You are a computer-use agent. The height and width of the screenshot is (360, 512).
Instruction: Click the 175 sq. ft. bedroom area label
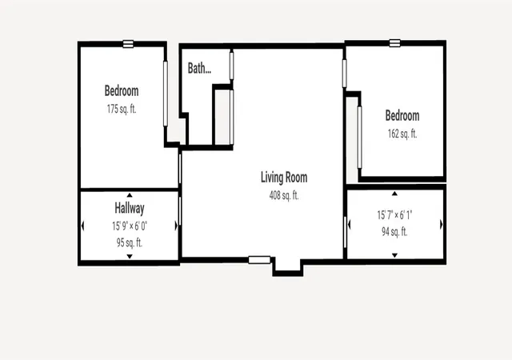pos(122,109)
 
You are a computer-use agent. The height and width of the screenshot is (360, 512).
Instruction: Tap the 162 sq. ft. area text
pos(402,134)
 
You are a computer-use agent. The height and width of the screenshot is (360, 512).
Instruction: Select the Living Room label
pos(284,177)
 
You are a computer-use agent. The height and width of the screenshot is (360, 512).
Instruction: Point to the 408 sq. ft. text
pos(284,195)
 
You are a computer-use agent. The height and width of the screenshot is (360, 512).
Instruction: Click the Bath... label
pos(199,68)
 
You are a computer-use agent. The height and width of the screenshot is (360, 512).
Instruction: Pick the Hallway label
pos(130,208)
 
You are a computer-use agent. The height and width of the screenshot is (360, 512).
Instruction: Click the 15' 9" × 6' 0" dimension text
pos(130,226)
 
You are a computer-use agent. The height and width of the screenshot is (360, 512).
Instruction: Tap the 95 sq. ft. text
pos(130,242)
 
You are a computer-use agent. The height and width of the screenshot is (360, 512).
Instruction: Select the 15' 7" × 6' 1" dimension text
pos(394,215)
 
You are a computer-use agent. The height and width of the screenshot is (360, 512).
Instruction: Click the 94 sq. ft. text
pos(394,232)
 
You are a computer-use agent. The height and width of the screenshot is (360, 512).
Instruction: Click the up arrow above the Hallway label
pos(130,195)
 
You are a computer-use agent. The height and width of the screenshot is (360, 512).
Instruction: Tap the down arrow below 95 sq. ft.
pos(130,257)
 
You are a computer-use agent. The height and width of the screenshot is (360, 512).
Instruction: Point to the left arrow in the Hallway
pos(82,226)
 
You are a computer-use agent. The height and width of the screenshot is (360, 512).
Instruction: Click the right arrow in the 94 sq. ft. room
pos(442,225)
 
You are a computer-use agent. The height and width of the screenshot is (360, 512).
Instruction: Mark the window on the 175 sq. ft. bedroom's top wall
pos(128,44)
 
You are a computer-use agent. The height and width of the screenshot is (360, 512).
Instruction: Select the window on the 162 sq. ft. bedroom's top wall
pos(394,42)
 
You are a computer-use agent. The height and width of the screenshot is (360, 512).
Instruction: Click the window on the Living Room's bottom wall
pos(259,260)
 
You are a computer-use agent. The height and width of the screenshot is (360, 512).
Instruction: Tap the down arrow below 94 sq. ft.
pos(394,255)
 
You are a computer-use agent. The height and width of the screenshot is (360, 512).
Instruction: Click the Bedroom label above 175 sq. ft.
pos(122,90)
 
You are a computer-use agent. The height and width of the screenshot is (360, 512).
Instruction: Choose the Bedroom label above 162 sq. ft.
pos(402,115)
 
